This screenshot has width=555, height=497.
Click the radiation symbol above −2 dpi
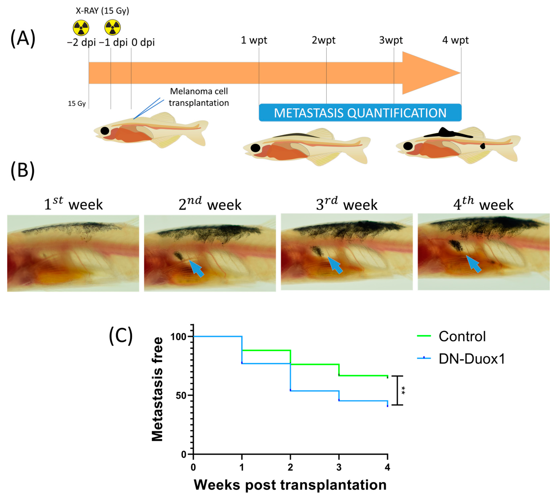click(81, 28)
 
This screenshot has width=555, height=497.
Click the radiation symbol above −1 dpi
click(112, 27)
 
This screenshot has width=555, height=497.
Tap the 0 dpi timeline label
click(143, 42)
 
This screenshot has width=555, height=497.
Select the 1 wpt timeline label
click(254, 40)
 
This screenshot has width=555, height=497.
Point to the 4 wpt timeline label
click(455, 40)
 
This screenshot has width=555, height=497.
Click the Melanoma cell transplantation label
click(199, 97)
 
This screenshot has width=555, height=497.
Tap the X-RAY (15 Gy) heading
click(102, 11)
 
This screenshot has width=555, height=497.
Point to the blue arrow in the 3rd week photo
click(335, 265)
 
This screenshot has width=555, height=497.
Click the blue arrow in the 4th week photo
click(474, 264)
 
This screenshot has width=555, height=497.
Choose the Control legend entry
click(462, 336)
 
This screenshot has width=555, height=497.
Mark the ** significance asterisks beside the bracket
click(403, 391)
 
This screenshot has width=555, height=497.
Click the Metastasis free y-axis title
click(158, 389)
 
